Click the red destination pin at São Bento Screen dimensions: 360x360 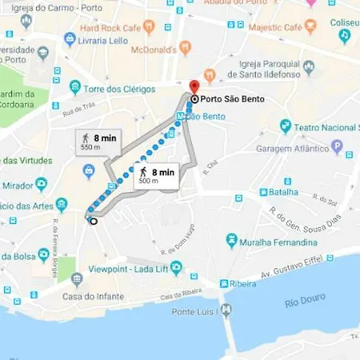192,86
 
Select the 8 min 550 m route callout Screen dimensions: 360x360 95,141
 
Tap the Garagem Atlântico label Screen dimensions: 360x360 292,148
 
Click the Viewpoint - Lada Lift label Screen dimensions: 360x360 126,269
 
